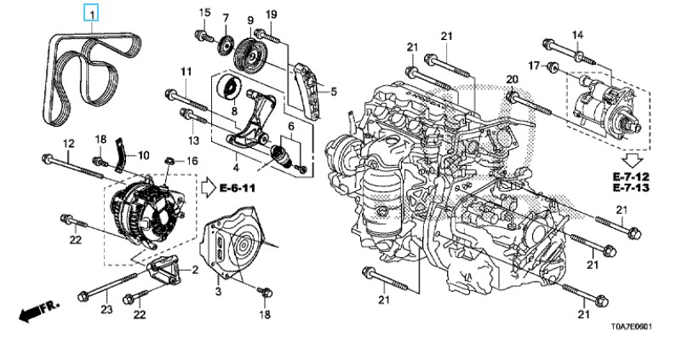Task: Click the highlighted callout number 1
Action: point(90,14)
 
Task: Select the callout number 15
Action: point(204,12)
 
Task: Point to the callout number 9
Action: point(250,18)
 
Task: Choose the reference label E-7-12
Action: point(632,175)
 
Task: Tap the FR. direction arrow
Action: point(32,314)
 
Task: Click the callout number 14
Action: point(577,34)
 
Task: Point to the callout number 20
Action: point(512,79)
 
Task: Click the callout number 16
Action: point(192,160)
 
